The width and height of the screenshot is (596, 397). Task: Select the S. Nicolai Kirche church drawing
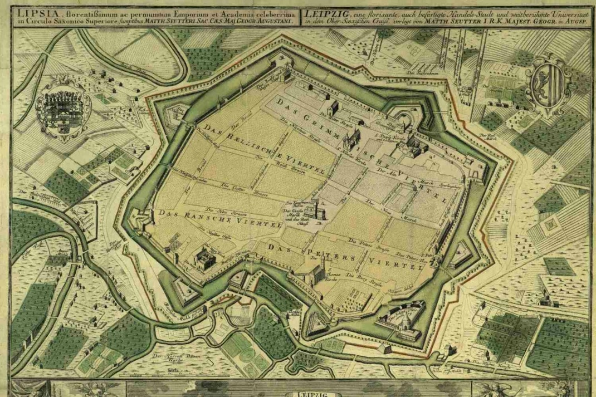[351, 140]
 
